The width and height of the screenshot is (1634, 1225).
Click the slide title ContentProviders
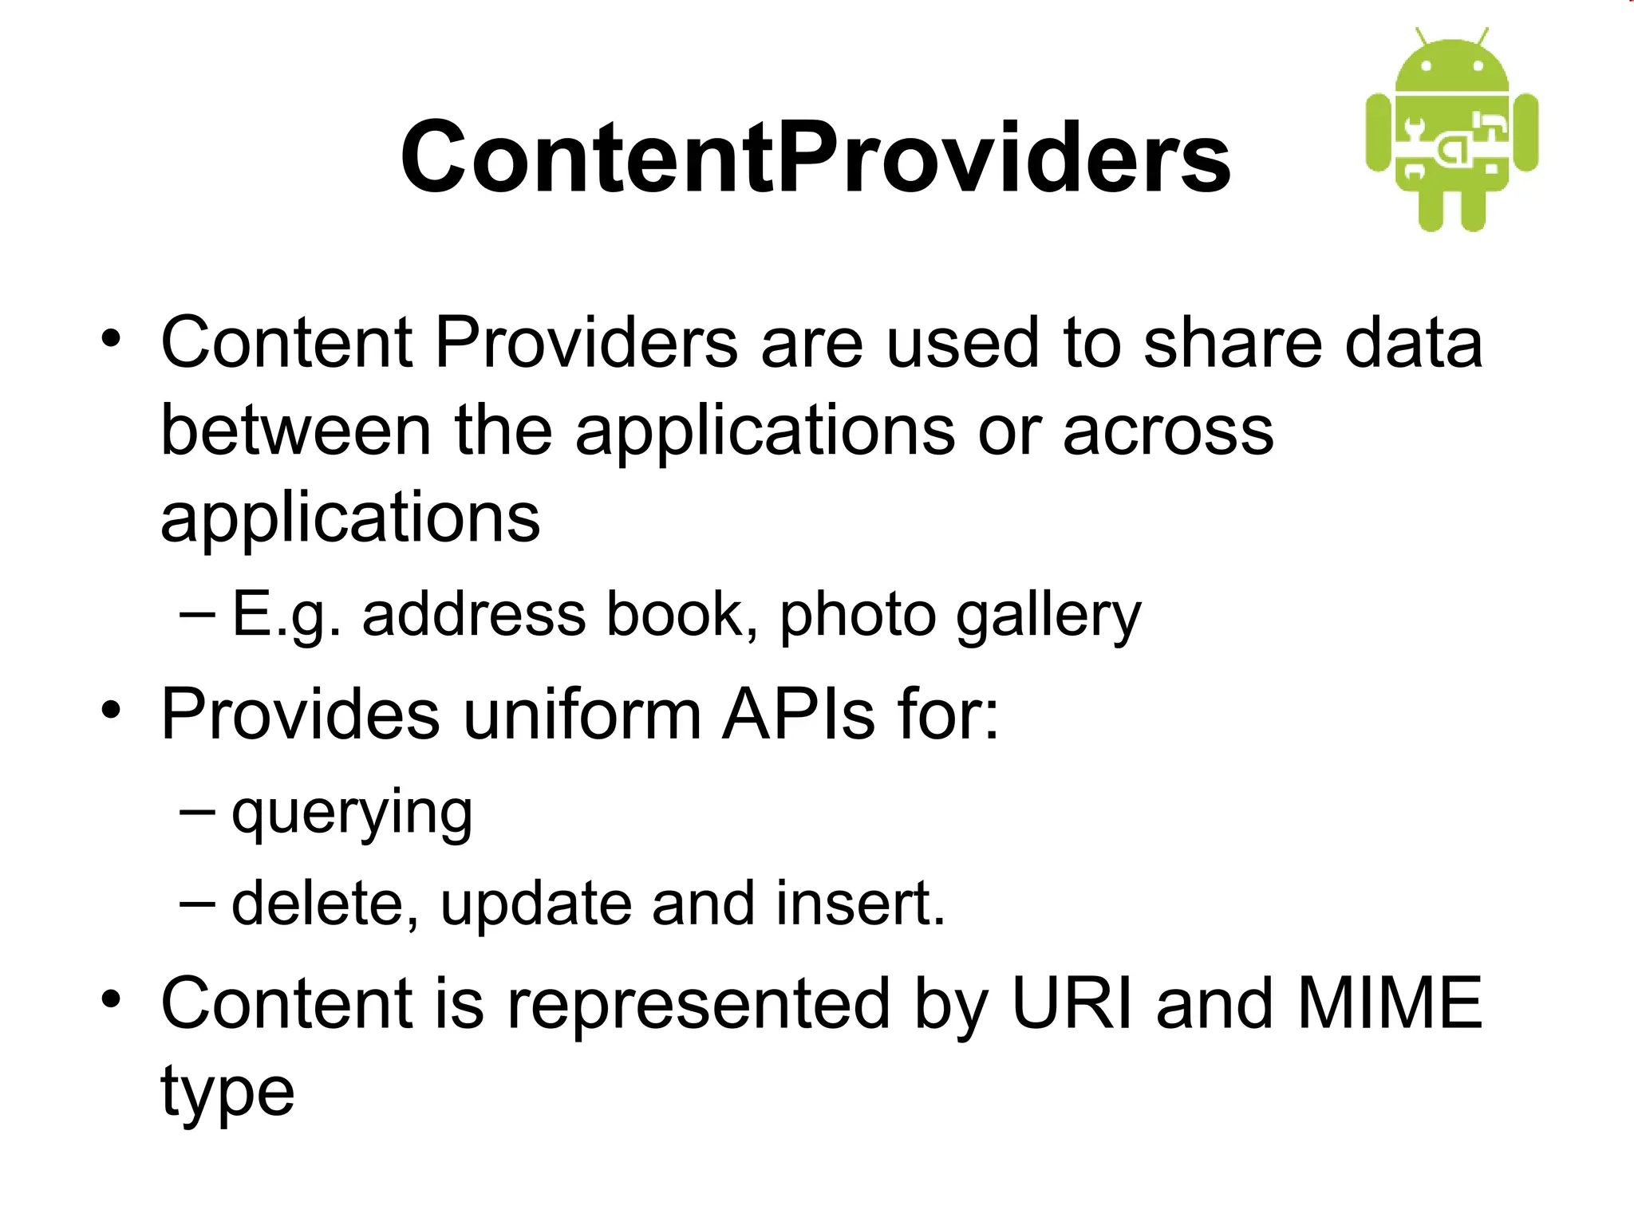(815, 157)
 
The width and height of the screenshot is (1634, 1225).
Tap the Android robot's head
(1452, 68)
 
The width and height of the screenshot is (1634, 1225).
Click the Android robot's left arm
(1379, 132)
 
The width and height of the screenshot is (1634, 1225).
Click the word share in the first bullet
(1233, 343)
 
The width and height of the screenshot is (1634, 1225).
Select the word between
(296, 431)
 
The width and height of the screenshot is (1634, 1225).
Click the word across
(1168, 431)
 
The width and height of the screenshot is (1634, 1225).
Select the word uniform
(582, 714)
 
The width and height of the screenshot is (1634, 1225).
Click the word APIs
(799, 714)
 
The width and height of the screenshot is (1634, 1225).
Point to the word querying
(352, 813)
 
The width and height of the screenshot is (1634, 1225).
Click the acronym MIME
(1389, 1003)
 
